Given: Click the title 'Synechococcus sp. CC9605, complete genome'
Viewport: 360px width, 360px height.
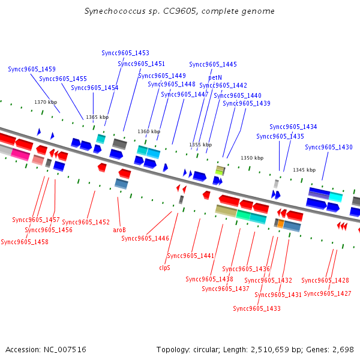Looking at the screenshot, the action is pos(179,11).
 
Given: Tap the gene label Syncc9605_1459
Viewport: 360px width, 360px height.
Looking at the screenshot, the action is pos(32,69).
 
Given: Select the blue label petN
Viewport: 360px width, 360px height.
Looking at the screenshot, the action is pos(215,77).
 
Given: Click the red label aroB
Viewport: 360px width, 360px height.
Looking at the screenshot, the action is pos(119,230).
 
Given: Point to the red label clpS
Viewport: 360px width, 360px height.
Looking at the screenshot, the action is pos(164,268).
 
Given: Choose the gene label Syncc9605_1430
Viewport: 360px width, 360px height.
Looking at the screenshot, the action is pos(329,147).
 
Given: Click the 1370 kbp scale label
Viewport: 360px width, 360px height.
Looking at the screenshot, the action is pos(46,102).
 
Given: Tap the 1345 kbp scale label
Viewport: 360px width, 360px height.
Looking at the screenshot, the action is pos(304,170).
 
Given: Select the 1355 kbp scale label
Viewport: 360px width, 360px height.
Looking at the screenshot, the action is pos(200,145).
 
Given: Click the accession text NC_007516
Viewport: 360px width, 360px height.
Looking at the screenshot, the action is pos(65,350).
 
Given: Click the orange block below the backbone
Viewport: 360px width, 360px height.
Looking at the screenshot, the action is pos(281,223).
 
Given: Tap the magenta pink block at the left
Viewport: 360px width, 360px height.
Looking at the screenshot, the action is pos(20,154).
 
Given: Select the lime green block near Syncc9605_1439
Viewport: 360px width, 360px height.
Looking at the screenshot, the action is pos(219,172).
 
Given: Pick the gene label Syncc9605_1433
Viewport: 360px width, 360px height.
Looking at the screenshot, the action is pos(257,308).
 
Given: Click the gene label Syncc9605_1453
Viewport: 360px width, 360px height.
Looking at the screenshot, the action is pos(125,53).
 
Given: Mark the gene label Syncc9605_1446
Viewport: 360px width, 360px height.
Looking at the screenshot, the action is pos(145,238).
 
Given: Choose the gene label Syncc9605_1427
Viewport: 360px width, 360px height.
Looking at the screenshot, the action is pos(328,293).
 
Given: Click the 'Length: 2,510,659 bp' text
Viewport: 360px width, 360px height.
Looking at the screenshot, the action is pos(263,350).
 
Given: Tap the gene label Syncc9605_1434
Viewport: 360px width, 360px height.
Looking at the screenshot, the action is pos(293,127).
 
